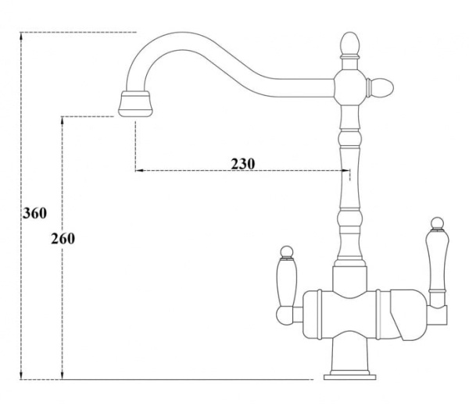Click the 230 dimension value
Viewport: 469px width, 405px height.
point(243,164)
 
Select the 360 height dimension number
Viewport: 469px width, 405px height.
point(35,212)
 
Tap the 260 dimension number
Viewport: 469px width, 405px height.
point(62,238)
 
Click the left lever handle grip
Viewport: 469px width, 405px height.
point(287,280)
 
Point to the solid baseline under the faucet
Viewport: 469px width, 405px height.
point(195,379)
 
